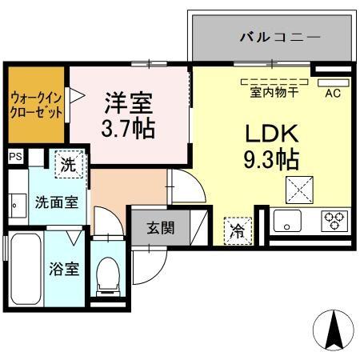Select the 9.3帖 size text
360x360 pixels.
pos(270,161)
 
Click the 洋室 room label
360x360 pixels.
pos(129,102)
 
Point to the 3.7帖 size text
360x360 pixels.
pos(129,126)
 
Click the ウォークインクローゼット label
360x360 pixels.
pos(36,105)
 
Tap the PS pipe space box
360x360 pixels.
pos(15,157)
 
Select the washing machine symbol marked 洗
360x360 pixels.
pos(70,166)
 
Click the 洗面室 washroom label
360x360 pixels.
pos(55,202)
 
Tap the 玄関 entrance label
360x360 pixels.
pos(158,226)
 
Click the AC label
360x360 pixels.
pos(332,93)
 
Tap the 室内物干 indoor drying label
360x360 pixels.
pos(274,92)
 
